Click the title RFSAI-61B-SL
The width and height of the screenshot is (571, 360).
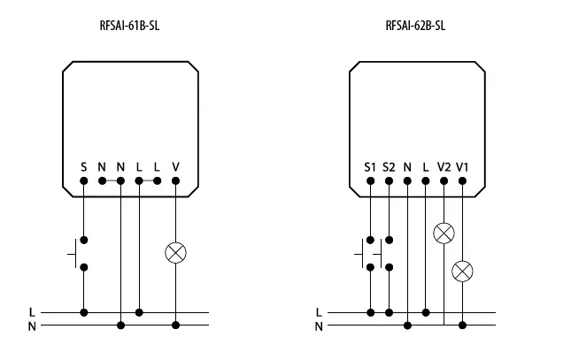129,26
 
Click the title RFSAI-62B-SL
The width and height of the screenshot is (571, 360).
415,26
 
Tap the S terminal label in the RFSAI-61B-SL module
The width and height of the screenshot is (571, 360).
83,166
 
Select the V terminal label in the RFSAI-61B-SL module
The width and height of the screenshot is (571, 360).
175,166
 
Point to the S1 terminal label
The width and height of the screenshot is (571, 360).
370,166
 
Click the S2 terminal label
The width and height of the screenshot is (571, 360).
389,166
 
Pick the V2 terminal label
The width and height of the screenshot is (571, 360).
444,166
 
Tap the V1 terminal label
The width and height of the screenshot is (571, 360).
462,166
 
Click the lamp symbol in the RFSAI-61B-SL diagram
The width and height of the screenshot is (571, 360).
175,252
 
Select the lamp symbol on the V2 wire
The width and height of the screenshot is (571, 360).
444,234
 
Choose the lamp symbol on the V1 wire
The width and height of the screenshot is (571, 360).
462,271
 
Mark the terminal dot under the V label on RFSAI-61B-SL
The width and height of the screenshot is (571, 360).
175,180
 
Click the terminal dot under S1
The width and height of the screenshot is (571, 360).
370,180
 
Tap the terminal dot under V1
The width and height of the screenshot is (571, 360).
462,180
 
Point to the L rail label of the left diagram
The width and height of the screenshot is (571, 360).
32,312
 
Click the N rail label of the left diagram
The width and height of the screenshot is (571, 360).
32,326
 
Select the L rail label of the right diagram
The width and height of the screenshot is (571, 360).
319,312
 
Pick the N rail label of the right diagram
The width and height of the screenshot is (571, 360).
319,326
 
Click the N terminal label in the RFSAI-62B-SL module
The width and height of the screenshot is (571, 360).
407,166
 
